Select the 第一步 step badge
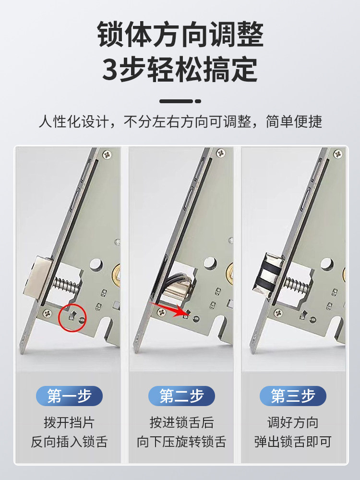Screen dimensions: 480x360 coord(69,396)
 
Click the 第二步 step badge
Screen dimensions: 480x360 coord(181,396)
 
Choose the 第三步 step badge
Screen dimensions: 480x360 coord(292,396)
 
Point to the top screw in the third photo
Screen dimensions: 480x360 coord(338,154)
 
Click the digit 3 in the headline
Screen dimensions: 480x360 coord(110,70)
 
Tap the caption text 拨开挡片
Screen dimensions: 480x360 coord(69,423)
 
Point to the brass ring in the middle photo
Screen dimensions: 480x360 coord(229,274)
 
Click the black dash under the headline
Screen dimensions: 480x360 coord(180,101)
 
